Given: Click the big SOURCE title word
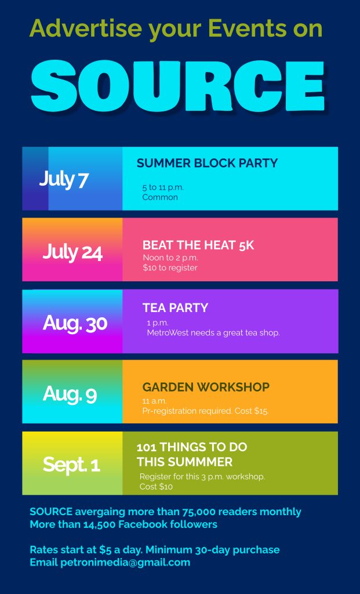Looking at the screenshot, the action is tap(177, 85).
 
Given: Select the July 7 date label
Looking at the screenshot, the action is tap(64, 179).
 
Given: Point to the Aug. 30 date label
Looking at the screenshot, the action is tap(75, 323).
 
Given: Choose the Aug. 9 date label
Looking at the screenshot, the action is tap(70, 394).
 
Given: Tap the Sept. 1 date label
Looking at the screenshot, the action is tap(71, 464).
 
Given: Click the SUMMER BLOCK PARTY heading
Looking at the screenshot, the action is tap(207, 163).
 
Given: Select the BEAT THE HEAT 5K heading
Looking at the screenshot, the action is tap(198, 245).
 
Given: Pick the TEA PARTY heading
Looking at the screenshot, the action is tap(175, 307).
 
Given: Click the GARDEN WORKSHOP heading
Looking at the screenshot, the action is tap(206, 387).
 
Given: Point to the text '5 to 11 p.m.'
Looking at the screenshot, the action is tap(163, 187).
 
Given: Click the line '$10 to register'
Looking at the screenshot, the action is tap(170, 268).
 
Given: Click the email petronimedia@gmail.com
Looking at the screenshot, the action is tap(125, 563).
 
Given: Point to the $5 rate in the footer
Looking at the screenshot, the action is tap(106, 550).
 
